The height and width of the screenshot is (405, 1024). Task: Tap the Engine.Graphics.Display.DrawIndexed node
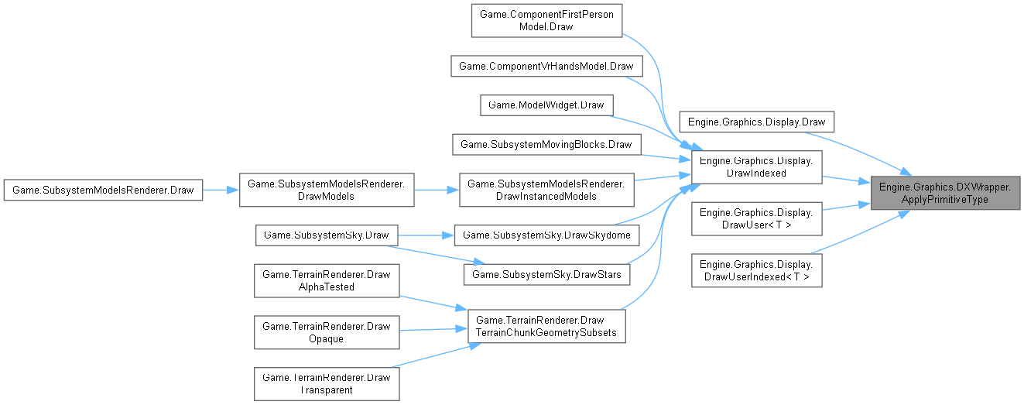755,167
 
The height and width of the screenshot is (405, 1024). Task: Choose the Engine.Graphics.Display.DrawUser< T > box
755,218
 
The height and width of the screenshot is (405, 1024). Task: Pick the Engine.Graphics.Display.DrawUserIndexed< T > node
755,270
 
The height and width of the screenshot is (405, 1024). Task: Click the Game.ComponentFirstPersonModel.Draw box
546,21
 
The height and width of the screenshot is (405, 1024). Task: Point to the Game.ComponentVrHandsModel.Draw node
546,66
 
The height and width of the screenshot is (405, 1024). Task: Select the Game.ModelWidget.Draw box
546,105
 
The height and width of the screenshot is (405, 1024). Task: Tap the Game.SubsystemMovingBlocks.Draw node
546,144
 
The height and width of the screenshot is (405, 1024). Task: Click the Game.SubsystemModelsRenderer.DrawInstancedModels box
546,189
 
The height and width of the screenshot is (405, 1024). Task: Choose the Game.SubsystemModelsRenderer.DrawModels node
327,189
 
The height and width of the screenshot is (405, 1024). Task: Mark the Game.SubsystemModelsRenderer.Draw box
104,189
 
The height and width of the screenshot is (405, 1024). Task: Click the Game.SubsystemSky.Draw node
327,234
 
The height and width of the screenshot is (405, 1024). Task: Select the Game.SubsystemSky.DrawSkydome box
546,234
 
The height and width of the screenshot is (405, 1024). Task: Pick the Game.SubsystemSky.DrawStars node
546,273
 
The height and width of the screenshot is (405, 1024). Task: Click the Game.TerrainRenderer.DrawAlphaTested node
327,280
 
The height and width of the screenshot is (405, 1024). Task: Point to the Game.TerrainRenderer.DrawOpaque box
327,332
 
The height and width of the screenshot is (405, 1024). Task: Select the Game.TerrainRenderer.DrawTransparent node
327,383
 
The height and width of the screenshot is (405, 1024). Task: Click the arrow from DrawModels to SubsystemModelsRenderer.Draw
221,189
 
